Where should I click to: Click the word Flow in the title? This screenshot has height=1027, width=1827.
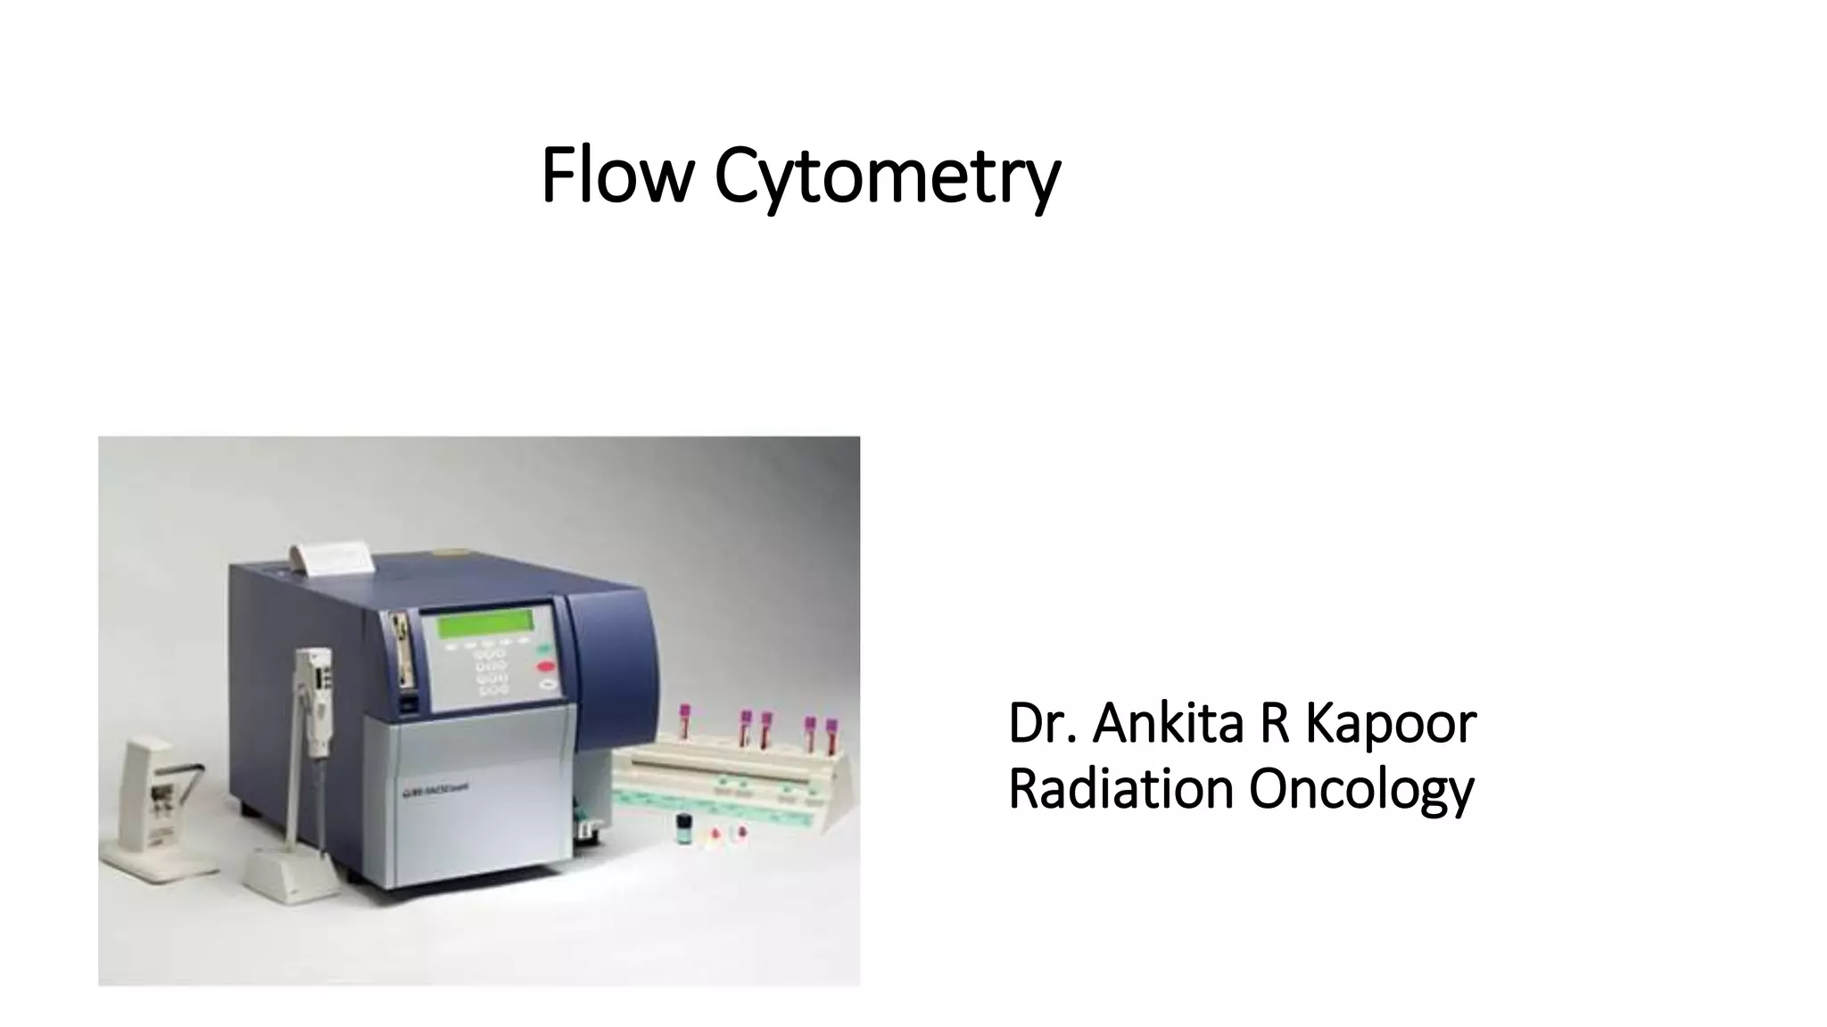(x=616, y=175)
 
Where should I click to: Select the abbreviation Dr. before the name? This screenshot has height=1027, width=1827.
(x=1041, y=723)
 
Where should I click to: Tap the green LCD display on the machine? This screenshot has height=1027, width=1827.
(x=487, y=621)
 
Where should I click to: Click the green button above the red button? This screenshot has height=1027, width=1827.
(x=541, y=649)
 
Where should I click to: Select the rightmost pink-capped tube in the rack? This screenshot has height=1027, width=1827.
(x=831, y=735)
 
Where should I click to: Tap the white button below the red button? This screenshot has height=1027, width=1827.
(x=547, y=684)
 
